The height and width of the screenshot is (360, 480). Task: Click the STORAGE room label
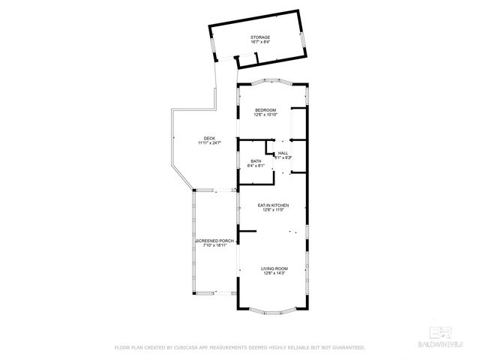tap(260, 37)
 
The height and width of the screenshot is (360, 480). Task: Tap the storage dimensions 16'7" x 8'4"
tap(260, 42)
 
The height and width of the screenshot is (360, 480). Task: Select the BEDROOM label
tap(265, 110)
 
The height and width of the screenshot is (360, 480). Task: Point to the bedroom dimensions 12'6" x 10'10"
tap(265, 115)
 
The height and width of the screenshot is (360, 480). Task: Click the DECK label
tap(209, 138)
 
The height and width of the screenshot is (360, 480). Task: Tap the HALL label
tap(283, 153)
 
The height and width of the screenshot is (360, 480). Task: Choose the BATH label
tap(256, 160)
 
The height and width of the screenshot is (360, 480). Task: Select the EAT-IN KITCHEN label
tap(273, 205)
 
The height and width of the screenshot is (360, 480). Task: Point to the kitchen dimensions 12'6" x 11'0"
tap(273, 210)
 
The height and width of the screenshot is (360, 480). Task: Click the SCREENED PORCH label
tap(215, 241)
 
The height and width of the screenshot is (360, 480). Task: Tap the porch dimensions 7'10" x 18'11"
tap(215, 245)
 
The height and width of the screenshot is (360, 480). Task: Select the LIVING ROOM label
tap(274, 268)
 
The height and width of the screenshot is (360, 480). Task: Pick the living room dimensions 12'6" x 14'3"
tap(274, 273)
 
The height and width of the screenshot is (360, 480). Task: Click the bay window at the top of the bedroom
tap(272, 82)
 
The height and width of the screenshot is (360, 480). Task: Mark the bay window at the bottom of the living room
tap(272, 310)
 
